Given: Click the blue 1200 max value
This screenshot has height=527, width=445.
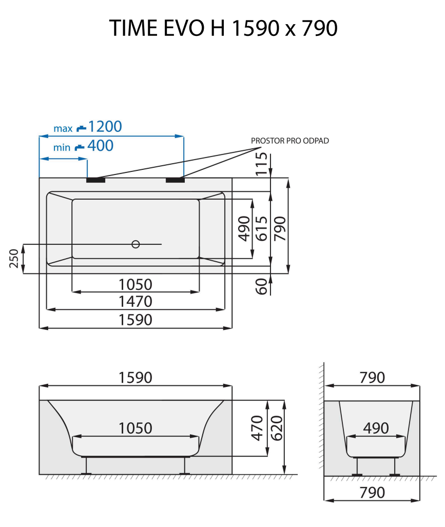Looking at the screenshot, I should (105, 126).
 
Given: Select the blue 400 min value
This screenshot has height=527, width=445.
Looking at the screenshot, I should (100, 146).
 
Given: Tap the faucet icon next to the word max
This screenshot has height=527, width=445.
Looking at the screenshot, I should (81, 127).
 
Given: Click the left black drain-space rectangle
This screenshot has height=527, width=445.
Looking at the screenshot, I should (95, 180).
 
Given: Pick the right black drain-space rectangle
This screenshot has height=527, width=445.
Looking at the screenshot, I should (175, 180).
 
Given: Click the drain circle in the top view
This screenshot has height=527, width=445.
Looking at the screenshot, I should (136, 244).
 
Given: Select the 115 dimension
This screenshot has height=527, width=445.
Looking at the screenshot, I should (262, 164).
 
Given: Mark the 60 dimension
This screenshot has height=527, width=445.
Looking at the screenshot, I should (262, 286).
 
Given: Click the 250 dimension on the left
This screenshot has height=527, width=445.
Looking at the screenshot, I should (14, 259).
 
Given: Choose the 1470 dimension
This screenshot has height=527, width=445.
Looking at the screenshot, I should (136, 301).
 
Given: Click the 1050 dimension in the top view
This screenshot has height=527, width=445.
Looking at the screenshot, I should (136, 284).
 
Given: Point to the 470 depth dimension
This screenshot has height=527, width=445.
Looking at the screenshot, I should (258, 427).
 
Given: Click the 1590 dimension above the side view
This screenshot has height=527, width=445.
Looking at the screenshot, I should (136, 378).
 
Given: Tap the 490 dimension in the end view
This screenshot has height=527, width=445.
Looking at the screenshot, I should (376, 428).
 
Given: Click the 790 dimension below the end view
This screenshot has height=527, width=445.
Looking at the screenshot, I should (372, 493).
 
